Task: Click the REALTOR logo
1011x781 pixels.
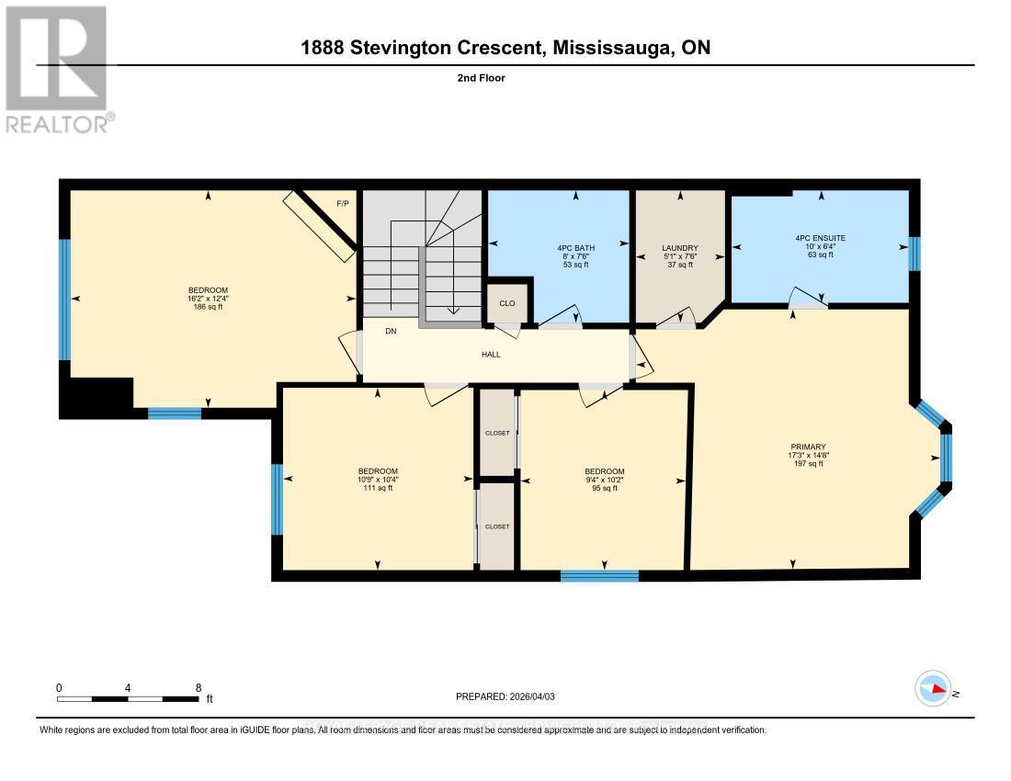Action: coord(59,70)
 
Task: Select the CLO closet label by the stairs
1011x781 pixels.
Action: coord(507,303)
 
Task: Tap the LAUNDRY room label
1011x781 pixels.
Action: coord(680,248)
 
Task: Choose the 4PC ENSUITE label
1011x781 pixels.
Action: coord(820,238)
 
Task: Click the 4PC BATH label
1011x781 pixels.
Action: coord(575,248)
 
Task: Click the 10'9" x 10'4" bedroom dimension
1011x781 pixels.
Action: coord(377,480)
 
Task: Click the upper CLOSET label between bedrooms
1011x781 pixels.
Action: coord(496,433)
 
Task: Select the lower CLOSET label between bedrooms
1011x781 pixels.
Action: coord(496,526)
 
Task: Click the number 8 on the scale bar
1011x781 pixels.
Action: coord(199,687)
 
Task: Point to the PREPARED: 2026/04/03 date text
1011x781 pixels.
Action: coord(505,696)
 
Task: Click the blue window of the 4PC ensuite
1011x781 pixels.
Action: coord(914,254)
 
